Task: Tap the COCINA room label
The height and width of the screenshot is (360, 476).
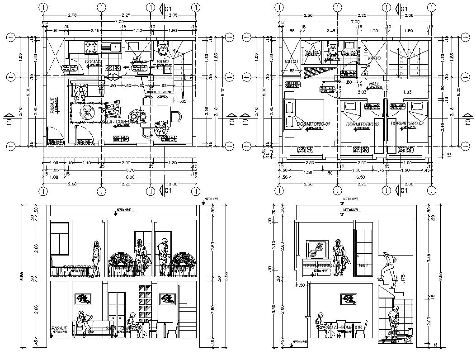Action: [x=93, y=61]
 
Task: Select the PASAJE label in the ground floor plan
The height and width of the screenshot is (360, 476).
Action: [x=53, y=105]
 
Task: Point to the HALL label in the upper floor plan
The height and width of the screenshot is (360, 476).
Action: [x=374, y=84]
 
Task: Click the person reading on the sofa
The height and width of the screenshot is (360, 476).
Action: [x=83, y=322]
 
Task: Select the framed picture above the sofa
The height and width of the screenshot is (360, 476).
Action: [x=83, y=298]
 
